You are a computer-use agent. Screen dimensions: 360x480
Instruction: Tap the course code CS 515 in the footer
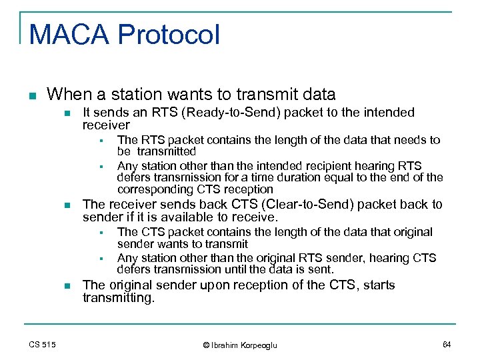(42, 345)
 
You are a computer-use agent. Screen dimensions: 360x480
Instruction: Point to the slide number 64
(446, 344)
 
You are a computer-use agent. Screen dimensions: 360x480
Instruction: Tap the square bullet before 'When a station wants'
(31, 95)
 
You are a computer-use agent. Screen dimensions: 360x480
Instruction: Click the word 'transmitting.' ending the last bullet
(118, 298)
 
